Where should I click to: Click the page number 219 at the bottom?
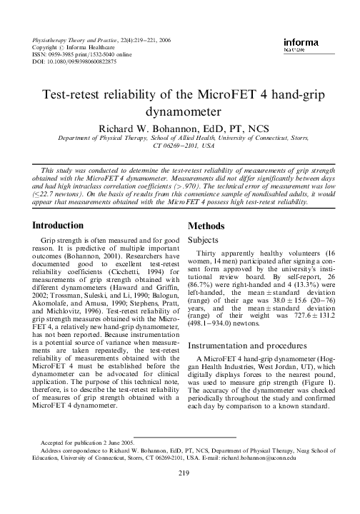click(179, 492)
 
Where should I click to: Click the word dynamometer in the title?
click(179, 111)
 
